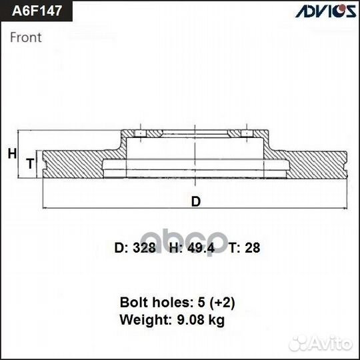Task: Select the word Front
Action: (26, 37)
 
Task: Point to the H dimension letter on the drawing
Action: (11, 154)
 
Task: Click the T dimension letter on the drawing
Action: (29, 163)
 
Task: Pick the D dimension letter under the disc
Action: (195, 202)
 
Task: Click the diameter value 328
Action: (144, 248)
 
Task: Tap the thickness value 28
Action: (253, 248)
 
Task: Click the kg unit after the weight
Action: (216, 321)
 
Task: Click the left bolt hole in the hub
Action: (141, 135)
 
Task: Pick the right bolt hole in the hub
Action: (247, 135)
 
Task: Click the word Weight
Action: (141, 320)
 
